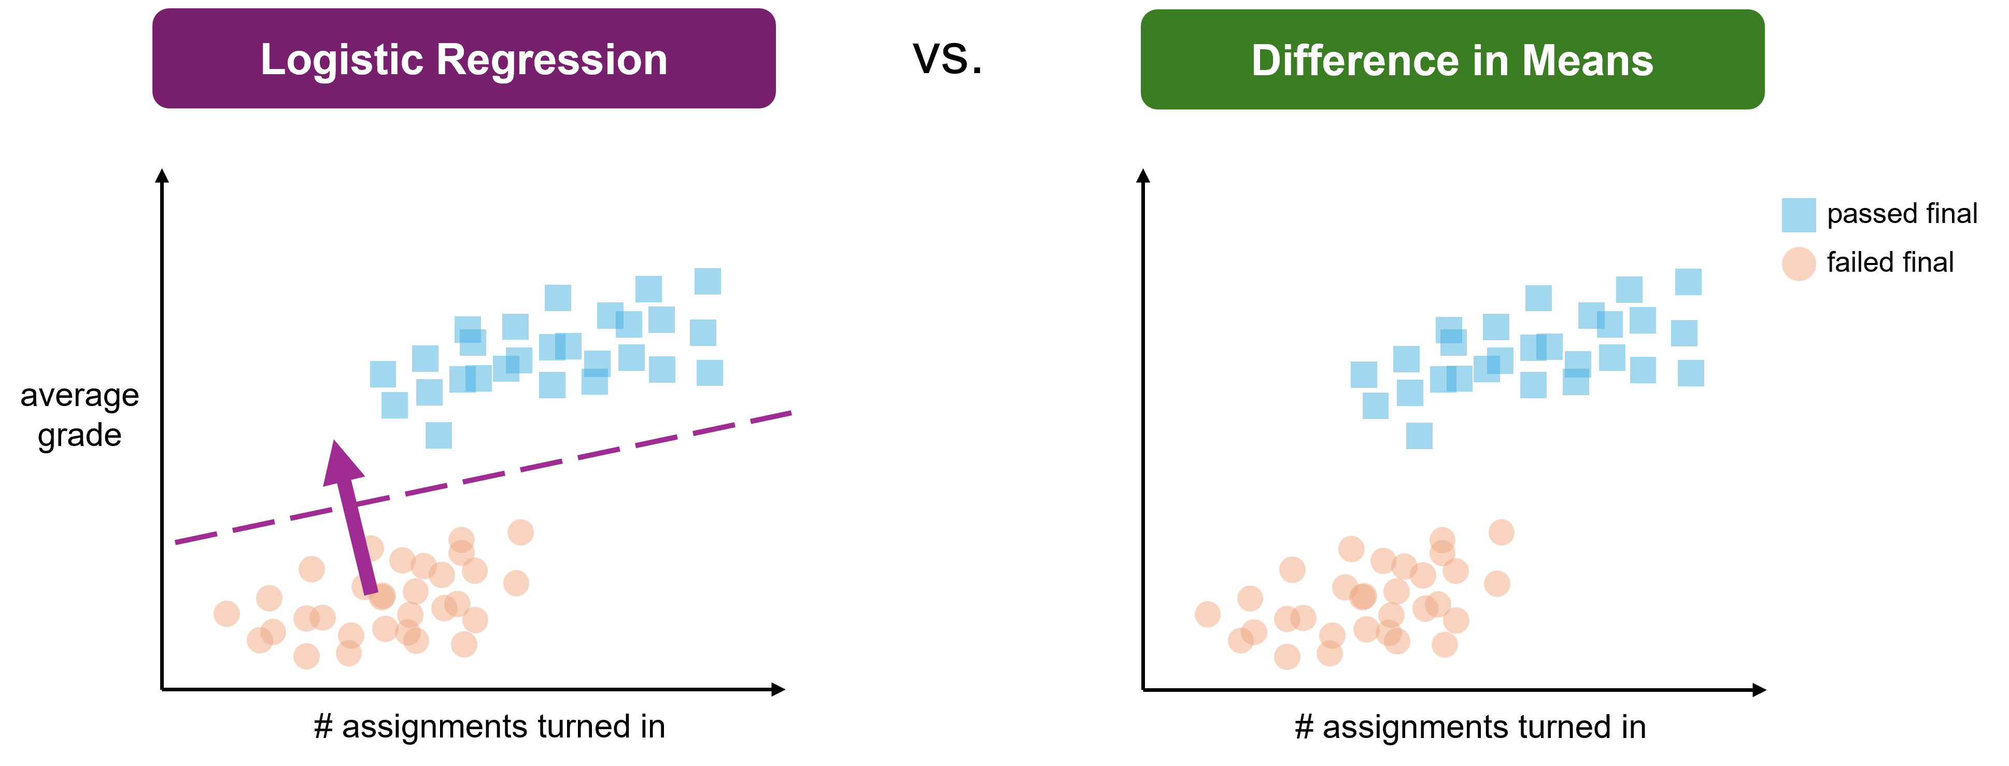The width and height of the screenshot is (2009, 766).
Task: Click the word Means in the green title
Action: pyautogui.click(x=1587, y=61)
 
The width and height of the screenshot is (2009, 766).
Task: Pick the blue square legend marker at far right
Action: pyautogui.click(x=1799, y=215)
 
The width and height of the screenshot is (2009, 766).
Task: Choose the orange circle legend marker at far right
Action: pyautogui.click(x=1799, y=264)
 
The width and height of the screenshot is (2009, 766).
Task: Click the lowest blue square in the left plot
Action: pyautogui.click(x=438, y=435)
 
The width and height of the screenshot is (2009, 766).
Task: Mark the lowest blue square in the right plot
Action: pyautogui.click(x=1419, y=435)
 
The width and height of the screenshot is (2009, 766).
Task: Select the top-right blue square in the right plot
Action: pyautogui.click(x=1688, y=282)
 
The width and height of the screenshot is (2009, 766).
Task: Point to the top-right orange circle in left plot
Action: pyautogui.click(x=520, y=533)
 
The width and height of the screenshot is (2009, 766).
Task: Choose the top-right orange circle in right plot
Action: pyautogui.click(x=1501, y=533)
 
